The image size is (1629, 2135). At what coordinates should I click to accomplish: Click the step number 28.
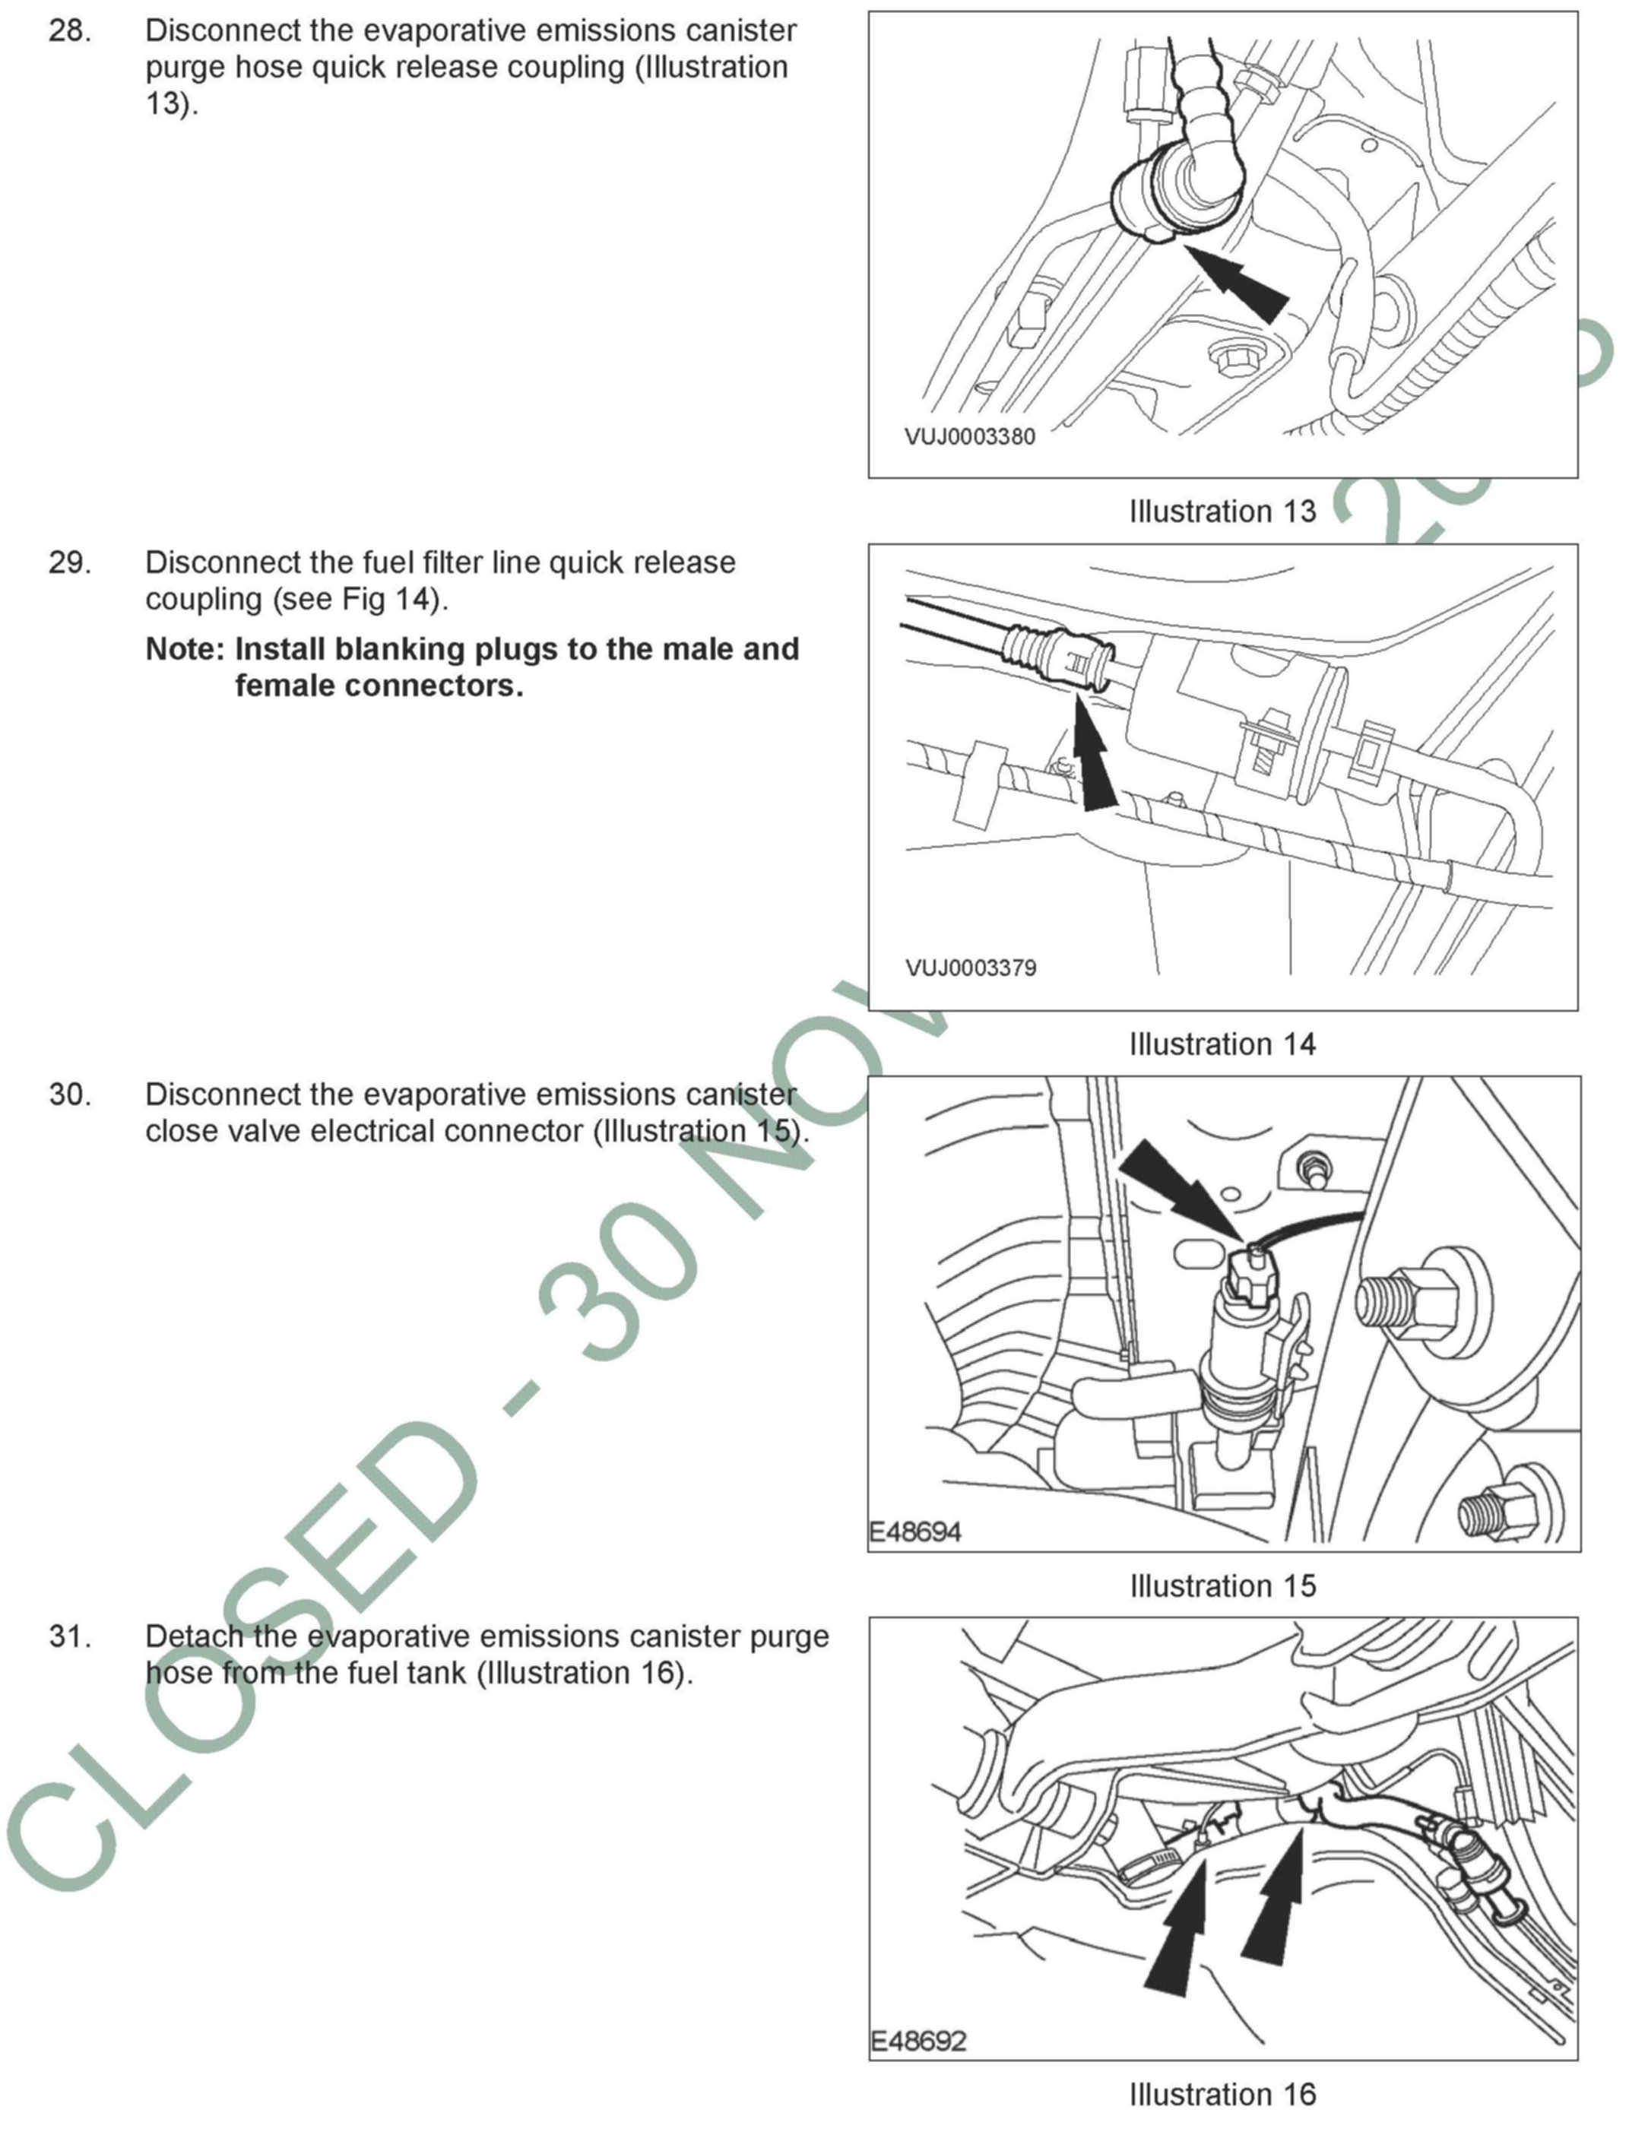pos(69,31)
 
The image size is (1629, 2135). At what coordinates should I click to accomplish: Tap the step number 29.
pos(70,562)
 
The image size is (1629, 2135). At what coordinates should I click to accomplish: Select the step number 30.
pos(70,1094)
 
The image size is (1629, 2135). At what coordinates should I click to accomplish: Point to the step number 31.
pos(70,1636)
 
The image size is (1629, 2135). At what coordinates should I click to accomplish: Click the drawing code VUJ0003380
pos(970,436)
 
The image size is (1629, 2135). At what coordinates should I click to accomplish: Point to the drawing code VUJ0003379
pos(970,968)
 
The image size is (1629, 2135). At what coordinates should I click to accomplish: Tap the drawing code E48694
pos(914,1532)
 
